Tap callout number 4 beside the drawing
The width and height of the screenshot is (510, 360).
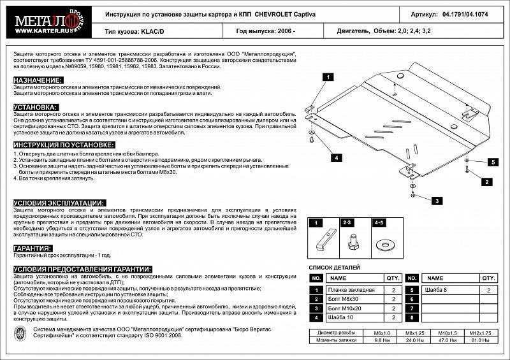(334, 157)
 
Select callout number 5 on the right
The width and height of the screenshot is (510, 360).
(492, 162)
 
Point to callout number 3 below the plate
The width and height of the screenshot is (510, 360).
(437, 201)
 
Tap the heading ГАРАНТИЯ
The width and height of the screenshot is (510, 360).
(33, 248)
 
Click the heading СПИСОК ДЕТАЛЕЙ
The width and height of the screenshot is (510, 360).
(335, 268)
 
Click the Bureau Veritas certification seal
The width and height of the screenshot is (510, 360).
(20, 333)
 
